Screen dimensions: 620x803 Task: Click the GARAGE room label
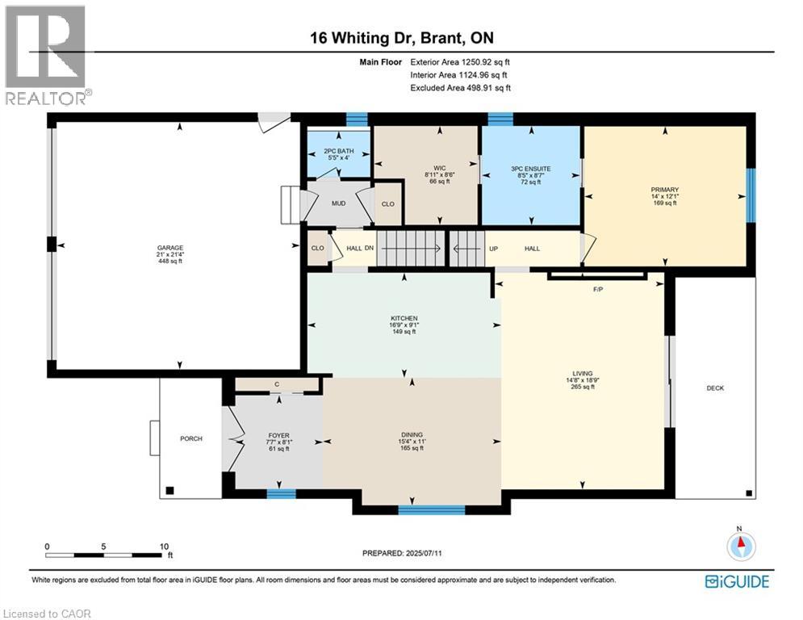pos(169,248)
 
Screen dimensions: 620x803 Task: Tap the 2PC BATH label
pos(340,151)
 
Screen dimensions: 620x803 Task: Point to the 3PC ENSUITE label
pos(530,169)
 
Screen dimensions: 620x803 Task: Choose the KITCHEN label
pos(404,318)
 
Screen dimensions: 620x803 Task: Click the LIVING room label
pos(582,374)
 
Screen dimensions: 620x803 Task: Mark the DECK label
pos(715,388)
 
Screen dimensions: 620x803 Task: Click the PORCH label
pos(190,438)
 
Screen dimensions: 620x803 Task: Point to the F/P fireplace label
pos(599,288)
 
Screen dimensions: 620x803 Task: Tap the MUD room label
pos(338,203)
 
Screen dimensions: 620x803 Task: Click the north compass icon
pos(739,547)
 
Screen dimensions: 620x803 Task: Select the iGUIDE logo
pos(737,581)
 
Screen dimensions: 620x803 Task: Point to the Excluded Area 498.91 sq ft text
pos(461,87)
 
